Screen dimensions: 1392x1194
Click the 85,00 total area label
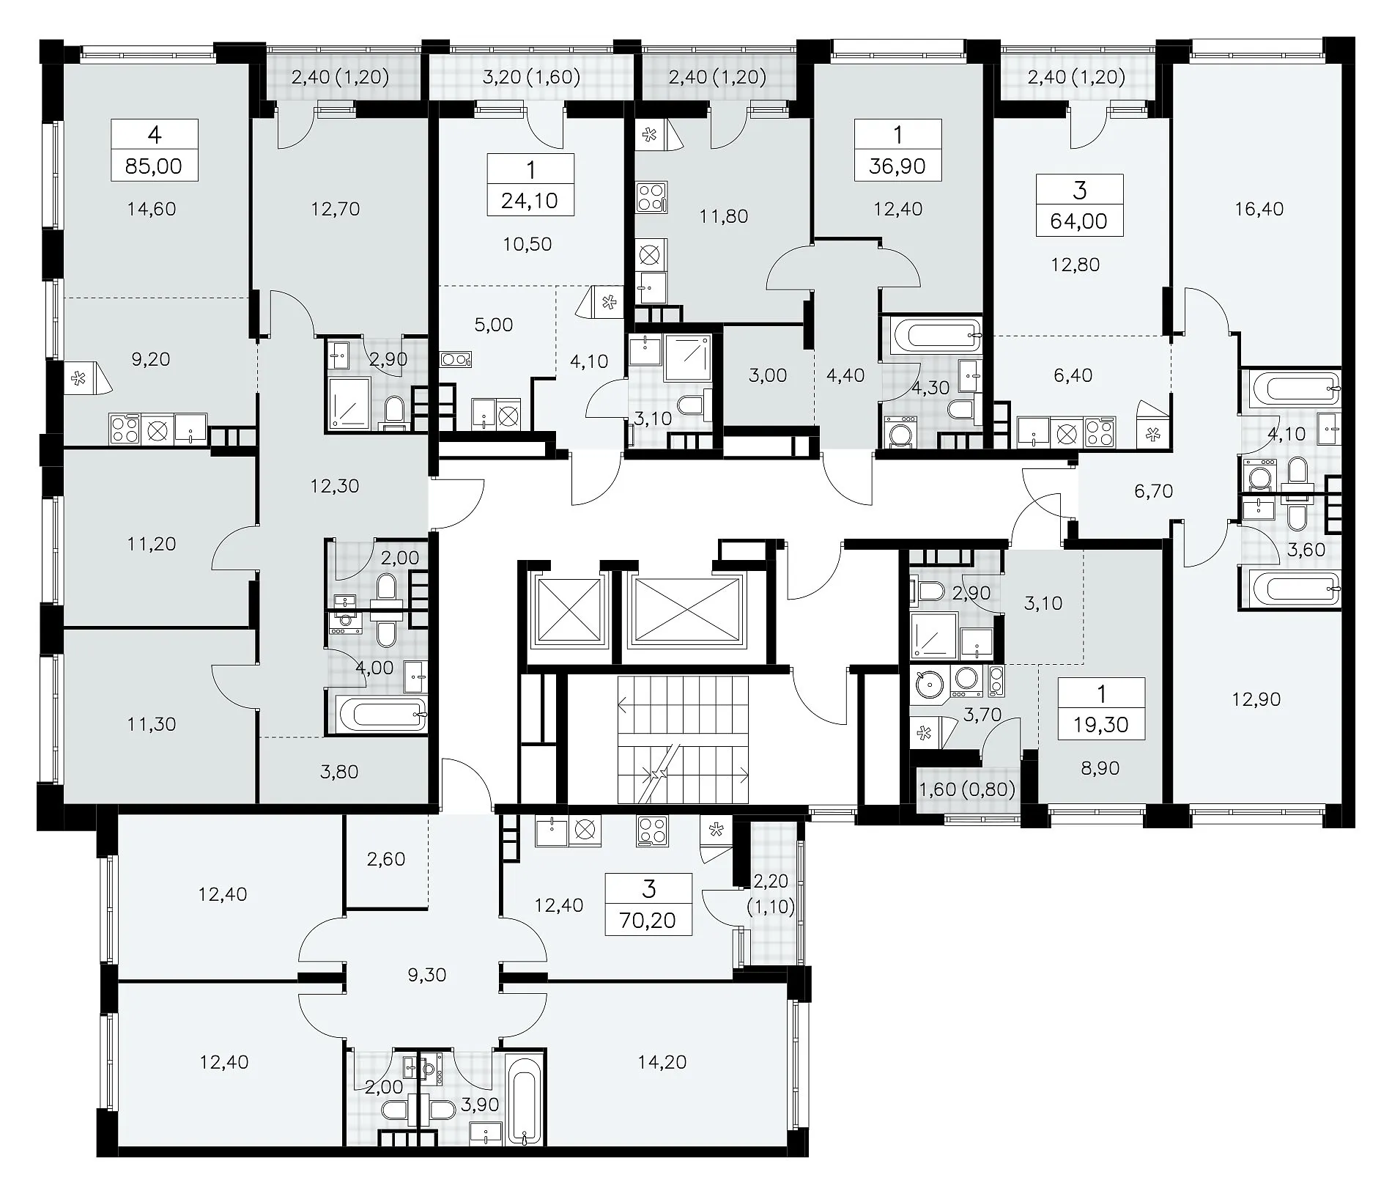[x=154, y=166]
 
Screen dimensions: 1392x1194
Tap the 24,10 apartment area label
[x=530, y=201]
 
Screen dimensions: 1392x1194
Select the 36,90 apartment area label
[x=898, y=166]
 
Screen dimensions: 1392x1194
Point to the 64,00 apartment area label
[x=1079, y=221]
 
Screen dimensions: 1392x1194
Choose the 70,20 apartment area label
[x=648, y=920]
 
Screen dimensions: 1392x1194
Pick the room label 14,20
[x=662, y=1061]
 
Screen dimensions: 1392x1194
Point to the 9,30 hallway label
[x=426, y=975]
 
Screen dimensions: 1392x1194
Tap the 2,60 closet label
[x=386, y=858]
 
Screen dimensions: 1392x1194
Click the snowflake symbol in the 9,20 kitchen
[x=75, y=378]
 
